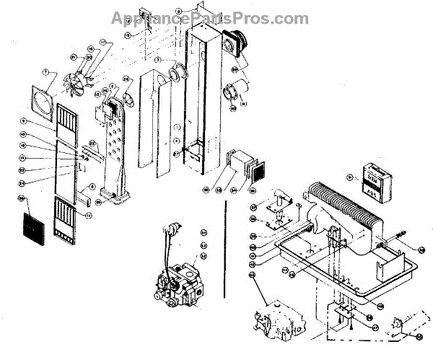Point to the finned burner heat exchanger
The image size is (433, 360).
[344, 208]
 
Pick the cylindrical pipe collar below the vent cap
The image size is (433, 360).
[237, 94]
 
